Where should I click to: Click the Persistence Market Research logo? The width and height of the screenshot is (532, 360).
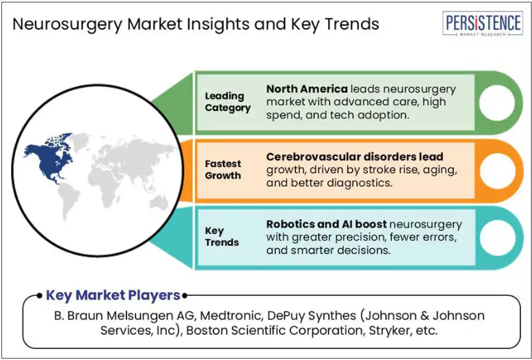pyautogui.click(x=483, y=23)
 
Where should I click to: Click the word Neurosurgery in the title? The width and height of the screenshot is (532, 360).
pyautogui.click(x=67, y=25)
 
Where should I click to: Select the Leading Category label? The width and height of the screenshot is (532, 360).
pyautogui.click(x=228, y=102)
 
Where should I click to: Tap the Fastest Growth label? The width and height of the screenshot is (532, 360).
pyautogui.click(x=223, y=170)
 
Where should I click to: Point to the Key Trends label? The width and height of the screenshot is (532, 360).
pyautogui.click(x=222, y=236)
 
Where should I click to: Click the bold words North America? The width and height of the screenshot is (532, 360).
pyautogui.click(x=307, y=89)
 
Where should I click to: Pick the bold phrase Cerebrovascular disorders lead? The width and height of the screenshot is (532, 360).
pyautogui.click(x=355, y=157)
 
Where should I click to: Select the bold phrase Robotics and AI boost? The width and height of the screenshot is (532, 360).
pyautogui.click(x=326, y=224)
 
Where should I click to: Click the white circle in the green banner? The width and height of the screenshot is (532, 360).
pyautogui.click(x=497, y=103)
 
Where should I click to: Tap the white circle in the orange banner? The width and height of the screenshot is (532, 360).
pyautogui.click(x=497, y=170)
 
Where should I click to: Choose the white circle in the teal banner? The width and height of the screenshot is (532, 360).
pyautogui.click(x=497, y=237)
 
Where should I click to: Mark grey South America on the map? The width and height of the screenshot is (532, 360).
pyautogui.click(x=69, y=201)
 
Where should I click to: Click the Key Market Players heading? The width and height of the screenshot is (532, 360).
pyautogui.click(x=113, y=295)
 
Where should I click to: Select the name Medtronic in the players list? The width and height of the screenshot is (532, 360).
pyautogui.click(x=230, y=316)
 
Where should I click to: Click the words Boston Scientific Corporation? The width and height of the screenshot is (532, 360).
pyautogui.click(x=273, y=330)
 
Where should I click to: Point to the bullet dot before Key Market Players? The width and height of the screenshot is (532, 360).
pyautogui.click(x=40, y=296)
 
